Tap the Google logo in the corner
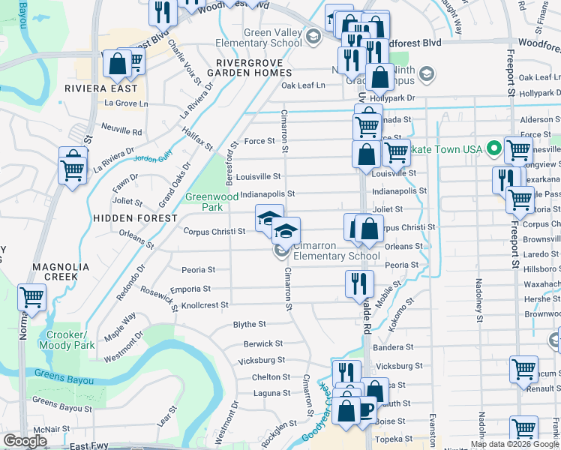pos(25,441)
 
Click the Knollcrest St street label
pos(205,305)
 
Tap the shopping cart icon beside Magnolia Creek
pos(32,298)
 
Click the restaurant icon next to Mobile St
pos(359,283)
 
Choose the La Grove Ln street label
pos(126,103)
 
